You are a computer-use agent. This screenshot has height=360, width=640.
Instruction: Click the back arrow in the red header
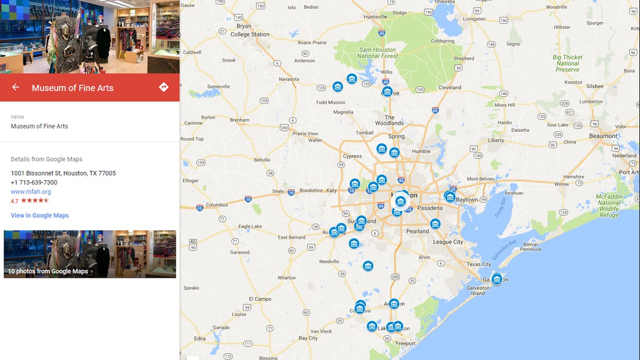pyautogui.click(x=16, y=87)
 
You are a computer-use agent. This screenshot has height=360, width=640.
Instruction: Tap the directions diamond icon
pyautogui.click(x=163, y=87)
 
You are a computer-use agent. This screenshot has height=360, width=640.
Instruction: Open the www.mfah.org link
pyautogui.click(x=31, y=192)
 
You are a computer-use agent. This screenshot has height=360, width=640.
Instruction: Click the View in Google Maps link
pyautogui.click(x=40, y=215)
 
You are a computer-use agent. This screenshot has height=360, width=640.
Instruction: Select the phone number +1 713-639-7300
pyautogui.click(x=34, y=183)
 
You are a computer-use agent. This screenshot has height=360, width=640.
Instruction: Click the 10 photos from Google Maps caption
pyautogui.click(x=48, y=271)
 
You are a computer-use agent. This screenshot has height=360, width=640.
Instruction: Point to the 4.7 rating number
pyautogui.click(x=15, y=200)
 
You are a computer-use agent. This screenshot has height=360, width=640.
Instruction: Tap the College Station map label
pyautogui.click(x=250, y=34)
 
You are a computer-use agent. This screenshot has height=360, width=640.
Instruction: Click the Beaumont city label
pyautogui.click(x=603, y=136)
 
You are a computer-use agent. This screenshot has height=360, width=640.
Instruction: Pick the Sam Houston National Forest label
pyautogui.click(x=377, y=53)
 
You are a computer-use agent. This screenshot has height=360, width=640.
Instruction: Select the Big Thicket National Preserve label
pyautogui.click(x=568, y=63)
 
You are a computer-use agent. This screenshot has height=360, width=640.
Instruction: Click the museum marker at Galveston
pyautogui.click(x=496, y=279)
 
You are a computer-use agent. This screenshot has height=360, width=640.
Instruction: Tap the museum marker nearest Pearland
pyautogui.click(x=435, y=224)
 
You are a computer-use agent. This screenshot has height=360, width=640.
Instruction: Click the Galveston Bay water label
pyautogui.click(x=505, y=247)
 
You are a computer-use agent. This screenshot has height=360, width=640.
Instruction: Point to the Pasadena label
pyautogui.click(x=430, y=208)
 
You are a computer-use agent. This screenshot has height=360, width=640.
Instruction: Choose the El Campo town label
pyautogui.click(x=260, y=299)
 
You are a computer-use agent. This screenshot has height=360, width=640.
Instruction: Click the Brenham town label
pyautogui.click(x=239, y=120)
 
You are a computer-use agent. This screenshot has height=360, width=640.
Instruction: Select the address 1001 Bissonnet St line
pyautogui.click(x=63, y=173)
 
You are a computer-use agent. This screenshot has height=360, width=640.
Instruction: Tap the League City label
pyautogui.click(x=448, y=242)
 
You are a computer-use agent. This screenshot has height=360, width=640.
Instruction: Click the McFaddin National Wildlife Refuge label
pyautogui.click(x=609, y=205)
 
